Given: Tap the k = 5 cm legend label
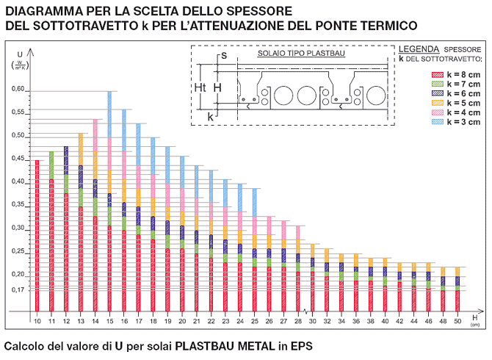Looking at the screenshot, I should pos(465,103).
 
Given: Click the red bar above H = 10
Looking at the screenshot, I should pos(37,235).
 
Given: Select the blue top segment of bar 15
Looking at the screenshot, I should pos(109,114).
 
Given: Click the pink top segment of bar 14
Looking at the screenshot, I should pos(95,137).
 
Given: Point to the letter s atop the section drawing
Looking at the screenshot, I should pos(223,55).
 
